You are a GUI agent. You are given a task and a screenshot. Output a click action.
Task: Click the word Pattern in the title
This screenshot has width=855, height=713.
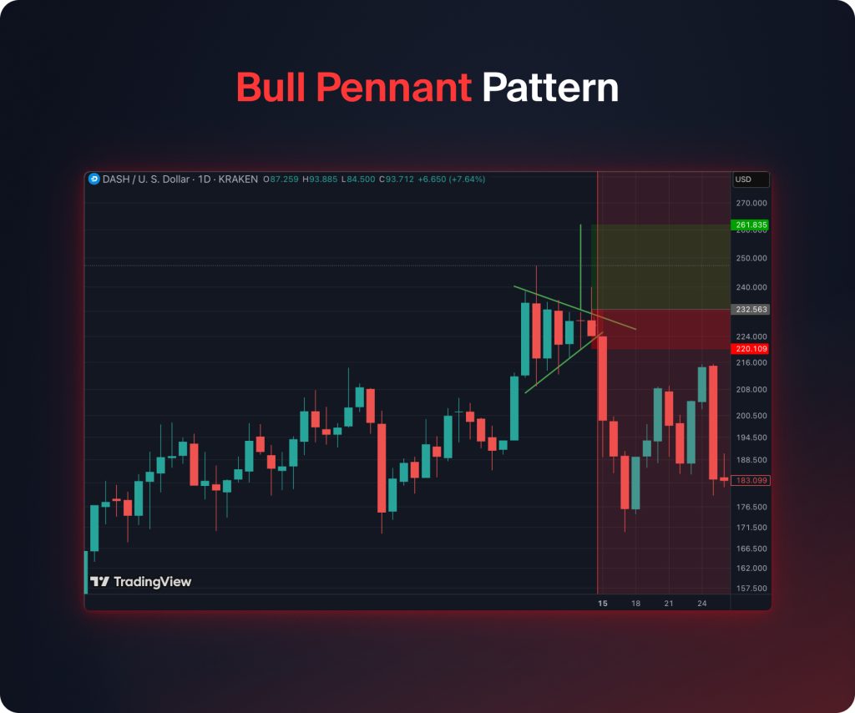click(x=550, y=88)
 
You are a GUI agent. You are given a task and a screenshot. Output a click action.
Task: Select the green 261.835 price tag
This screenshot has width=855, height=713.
click(x=749, y=225)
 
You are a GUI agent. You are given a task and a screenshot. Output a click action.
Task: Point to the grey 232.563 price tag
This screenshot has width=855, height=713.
click(x=749, y=309)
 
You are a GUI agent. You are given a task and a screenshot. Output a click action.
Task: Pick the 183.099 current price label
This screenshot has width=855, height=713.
click(x=749, y=480)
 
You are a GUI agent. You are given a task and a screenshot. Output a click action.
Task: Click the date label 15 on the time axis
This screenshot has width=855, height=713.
click(x=603, y=603)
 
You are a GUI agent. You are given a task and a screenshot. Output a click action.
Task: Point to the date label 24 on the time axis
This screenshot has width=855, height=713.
click(x=701, y=603)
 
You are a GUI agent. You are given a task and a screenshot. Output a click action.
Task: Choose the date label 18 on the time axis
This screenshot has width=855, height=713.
click(x=636, y=603)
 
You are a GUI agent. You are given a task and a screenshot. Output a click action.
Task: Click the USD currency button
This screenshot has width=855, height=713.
click(x=743, y=180)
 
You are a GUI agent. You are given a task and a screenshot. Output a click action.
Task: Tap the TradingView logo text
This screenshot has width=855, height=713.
click(x=152, y=582)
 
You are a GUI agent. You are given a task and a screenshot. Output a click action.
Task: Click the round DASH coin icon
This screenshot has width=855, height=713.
click(x=94, y=179)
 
